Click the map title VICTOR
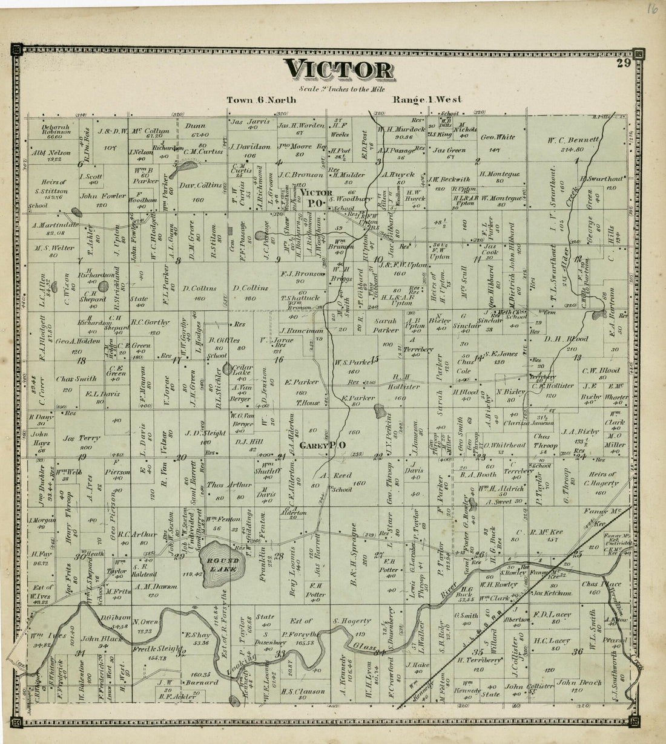340,70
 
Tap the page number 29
624,62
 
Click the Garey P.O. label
329,445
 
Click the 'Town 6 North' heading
262,100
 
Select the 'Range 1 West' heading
427,100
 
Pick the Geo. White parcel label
498,137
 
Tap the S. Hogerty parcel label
352,621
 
